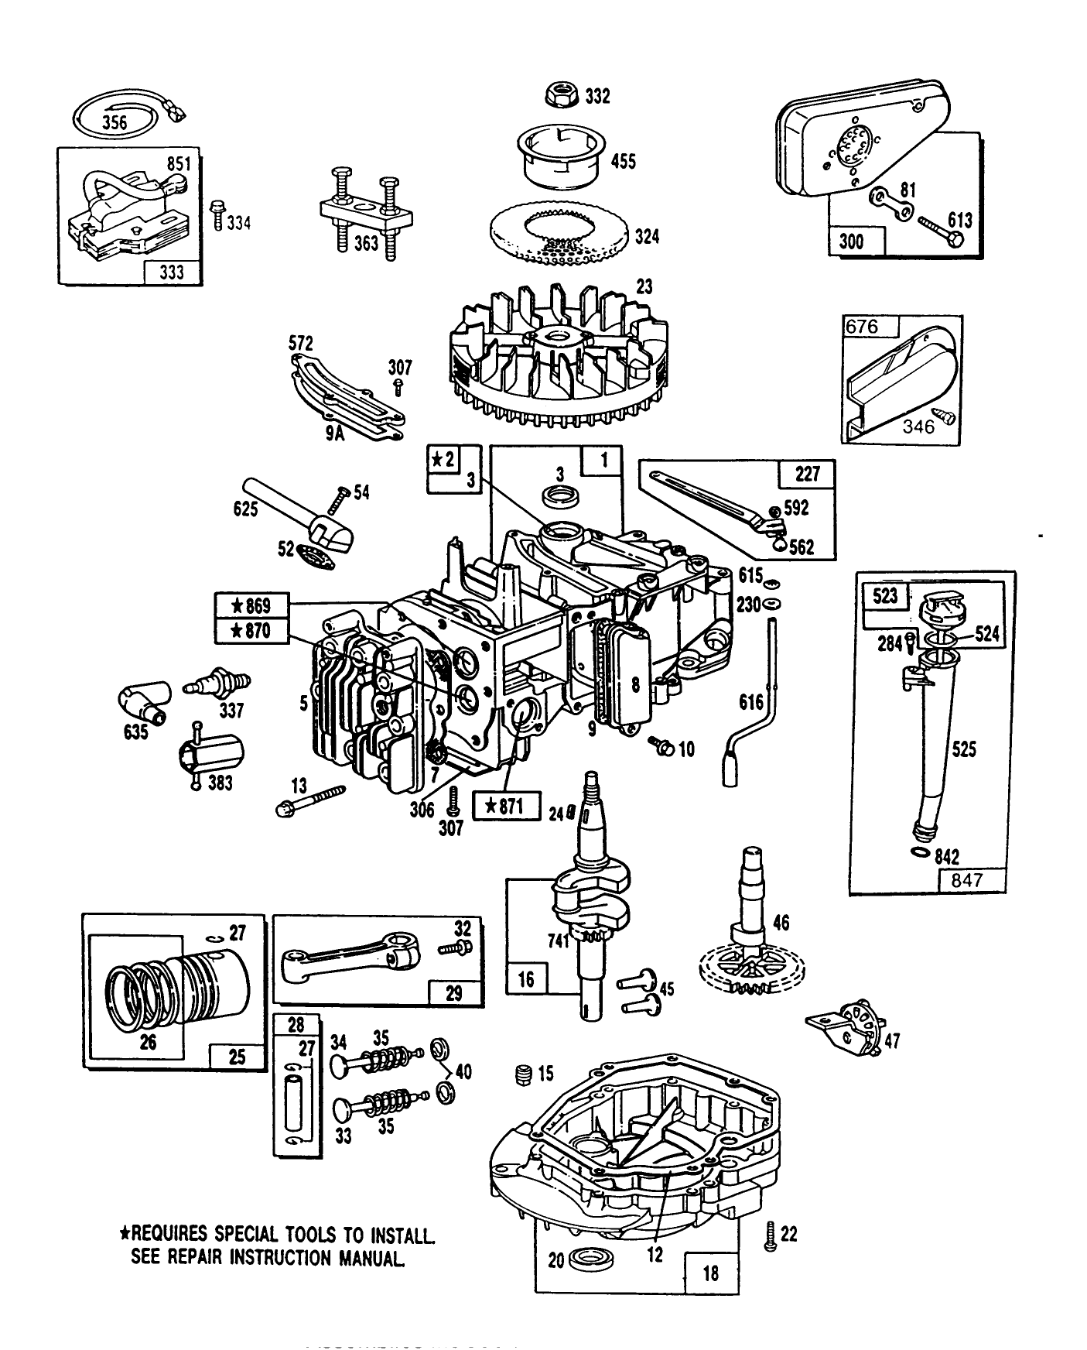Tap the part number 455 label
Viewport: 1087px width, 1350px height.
click(x=623, y=161)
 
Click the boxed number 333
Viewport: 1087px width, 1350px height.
click(x=172, y=273)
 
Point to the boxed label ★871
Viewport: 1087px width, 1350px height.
click(x=504, y=807)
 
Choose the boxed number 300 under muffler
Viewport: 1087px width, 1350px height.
click(x=850, y=242)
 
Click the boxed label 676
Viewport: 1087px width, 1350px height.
click(x=862, y=327)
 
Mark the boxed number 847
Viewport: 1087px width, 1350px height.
click(x=971, y=880)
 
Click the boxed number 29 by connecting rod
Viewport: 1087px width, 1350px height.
click(x=454, y=992)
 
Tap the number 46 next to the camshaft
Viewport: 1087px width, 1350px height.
click(x=781, y=923)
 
